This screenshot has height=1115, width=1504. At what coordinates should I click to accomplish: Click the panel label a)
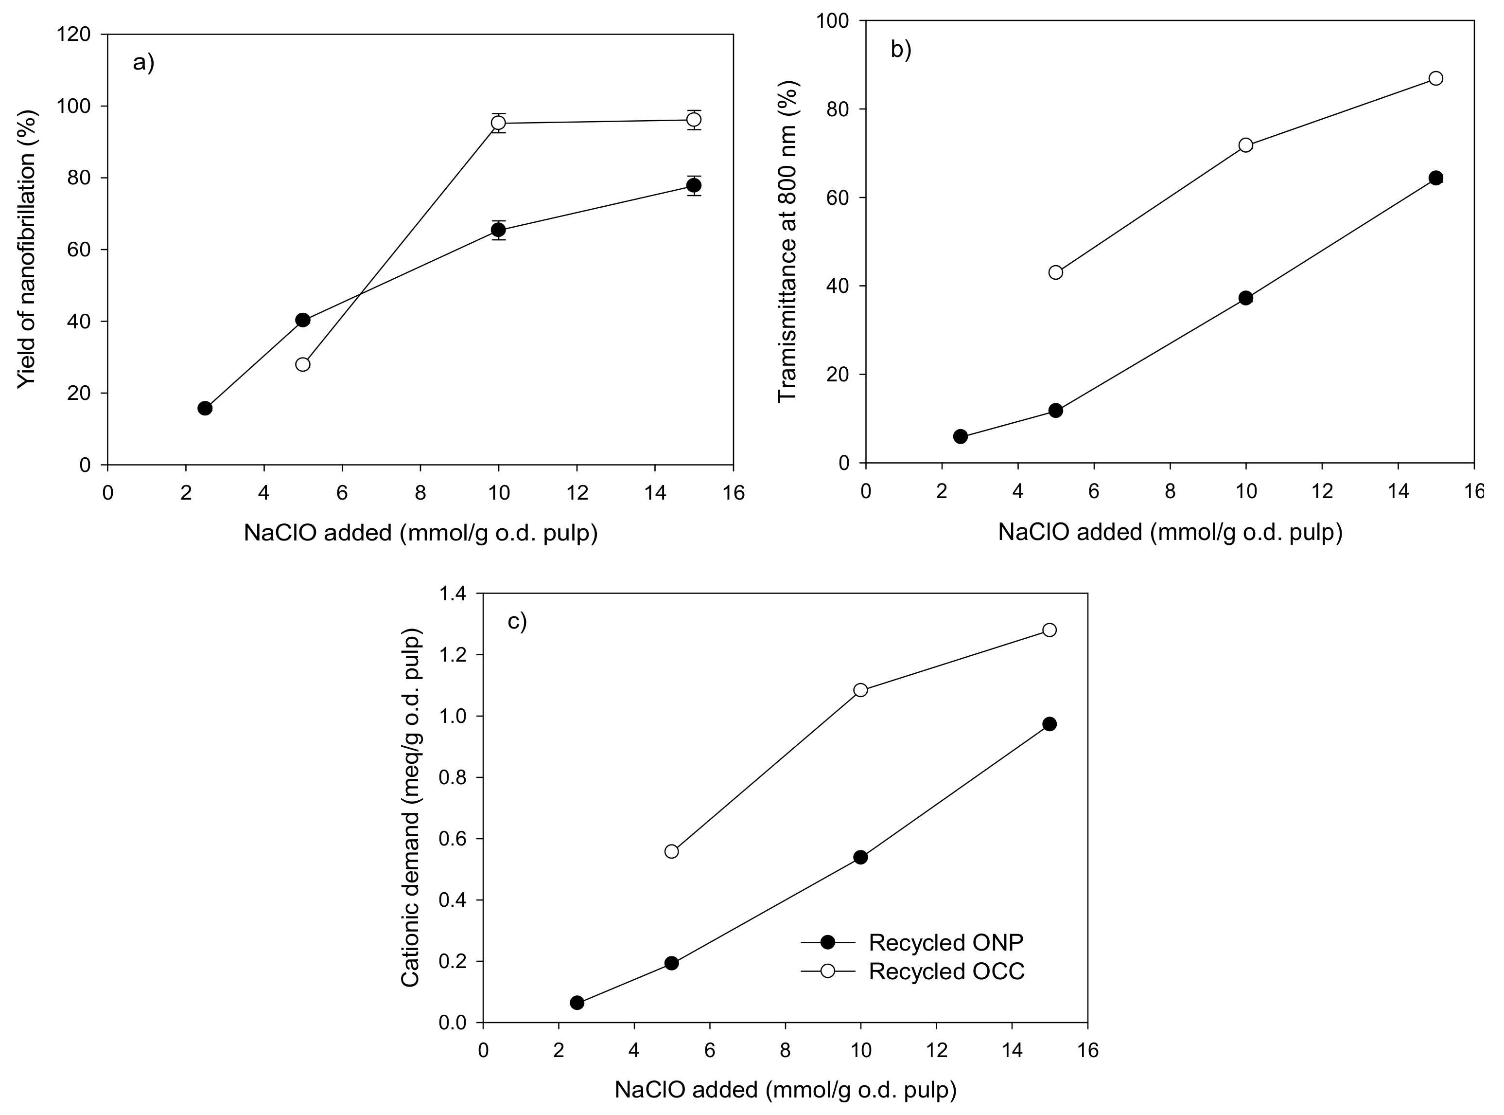click(144, 63)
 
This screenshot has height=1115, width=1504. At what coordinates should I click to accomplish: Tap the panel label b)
click(901, 49)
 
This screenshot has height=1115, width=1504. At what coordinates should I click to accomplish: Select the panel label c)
click(517, 621)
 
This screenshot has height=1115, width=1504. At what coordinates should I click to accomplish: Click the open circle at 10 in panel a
click(498, 123)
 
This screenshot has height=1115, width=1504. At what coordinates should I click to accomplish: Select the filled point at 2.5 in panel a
click(205, 408)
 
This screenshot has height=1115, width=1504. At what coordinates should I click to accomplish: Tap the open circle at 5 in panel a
click(303, 364)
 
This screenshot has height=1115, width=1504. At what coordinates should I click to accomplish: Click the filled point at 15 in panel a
click(693, 186)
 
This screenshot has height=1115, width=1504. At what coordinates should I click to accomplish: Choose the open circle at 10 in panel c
click(860, 690)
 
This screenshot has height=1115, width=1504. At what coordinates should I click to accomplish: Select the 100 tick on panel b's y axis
click(834, 21)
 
